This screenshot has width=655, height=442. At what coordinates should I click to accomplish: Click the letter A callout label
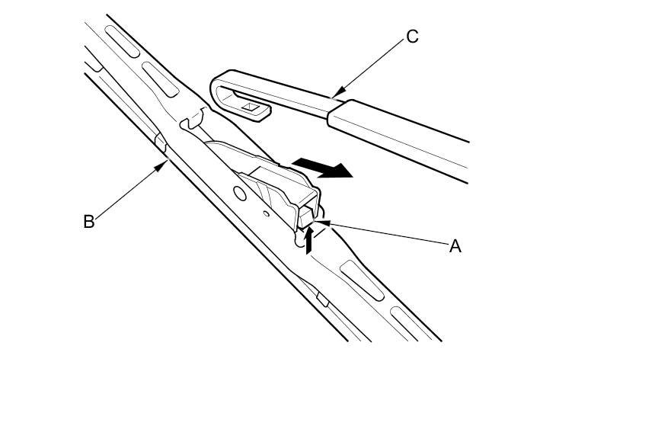click(x=455, y=246)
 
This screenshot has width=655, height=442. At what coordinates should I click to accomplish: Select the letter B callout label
click(x=88, y=222)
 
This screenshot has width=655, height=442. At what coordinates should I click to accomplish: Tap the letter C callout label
click(x=412, y=37)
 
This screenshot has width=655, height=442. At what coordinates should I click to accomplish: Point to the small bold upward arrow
click(x=308, y=241)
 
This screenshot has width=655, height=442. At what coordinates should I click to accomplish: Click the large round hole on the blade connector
click(x=241, y=194)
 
